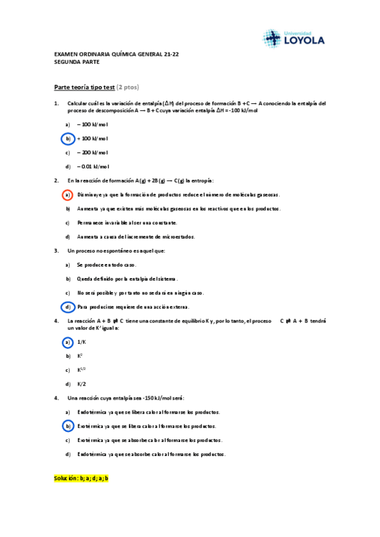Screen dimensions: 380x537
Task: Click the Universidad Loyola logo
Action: (x=293, y=38)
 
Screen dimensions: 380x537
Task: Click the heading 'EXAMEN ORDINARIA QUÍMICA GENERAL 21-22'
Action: (x=117, y=54)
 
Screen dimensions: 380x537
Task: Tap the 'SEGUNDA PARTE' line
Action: (x=77, y=62)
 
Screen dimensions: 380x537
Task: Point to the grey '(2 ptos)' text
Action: (x=128, y=87)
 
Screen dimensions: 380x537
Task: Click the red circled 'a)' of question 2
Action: (x=67, y=194)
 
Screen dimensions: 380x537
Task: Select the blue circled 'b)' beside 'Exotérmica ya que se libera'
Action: (x=67, y=426)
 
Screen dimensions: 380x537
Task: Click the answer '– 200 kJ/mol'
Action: (x=93, y=153)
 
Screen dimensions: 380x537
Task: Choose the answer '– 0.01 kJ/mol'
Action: (x=93, y=167)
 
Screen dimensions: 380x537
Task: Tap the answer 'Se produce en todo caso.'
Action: (x=107, y=265)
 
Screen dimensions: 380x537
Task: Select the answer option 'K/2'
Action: (x=82, y=384)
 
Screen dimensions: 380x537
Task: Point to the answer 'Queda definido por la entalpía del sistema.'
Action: (x=127, y=279)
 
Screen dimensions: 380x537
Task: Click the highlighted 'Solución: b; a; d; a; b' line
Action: (x=82, y=479)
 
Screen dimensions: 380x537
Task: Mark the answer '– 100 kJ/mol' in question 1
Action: (x=93, y=125)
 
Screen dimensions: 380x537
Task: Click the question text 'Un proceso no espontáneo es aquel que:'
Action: (x=116, y=251)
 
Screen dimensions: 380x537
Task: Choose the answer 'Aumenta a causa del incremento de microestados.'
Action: (x=136, y=237)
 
